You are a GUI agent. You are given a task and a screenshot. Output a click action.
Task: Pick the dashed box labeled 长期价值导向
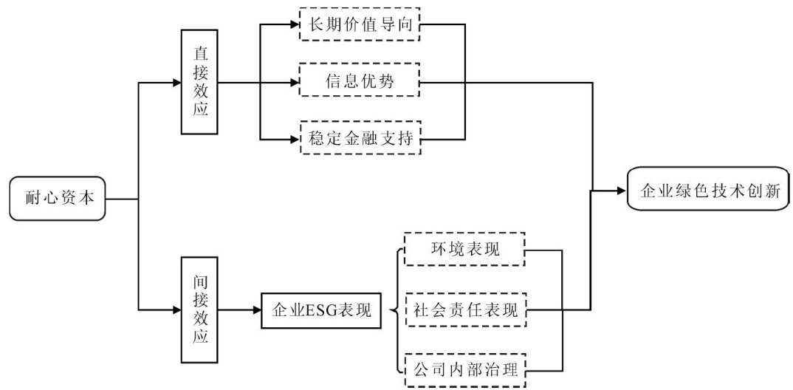[x=360, y=24]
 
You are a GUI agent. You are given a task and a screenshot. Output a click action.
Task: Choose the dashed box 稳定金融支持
[x=360, y=137]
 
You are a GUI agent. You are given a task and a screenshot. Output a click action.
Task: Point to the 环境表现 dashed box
[x=464, y=250]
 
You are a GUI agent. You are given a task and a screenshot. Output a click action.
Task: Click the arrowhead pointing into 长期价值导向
[x=294, y=24]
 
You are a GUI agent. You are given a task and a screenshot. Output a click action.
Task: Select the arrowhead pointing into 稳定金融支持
[x=294, y=137]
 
